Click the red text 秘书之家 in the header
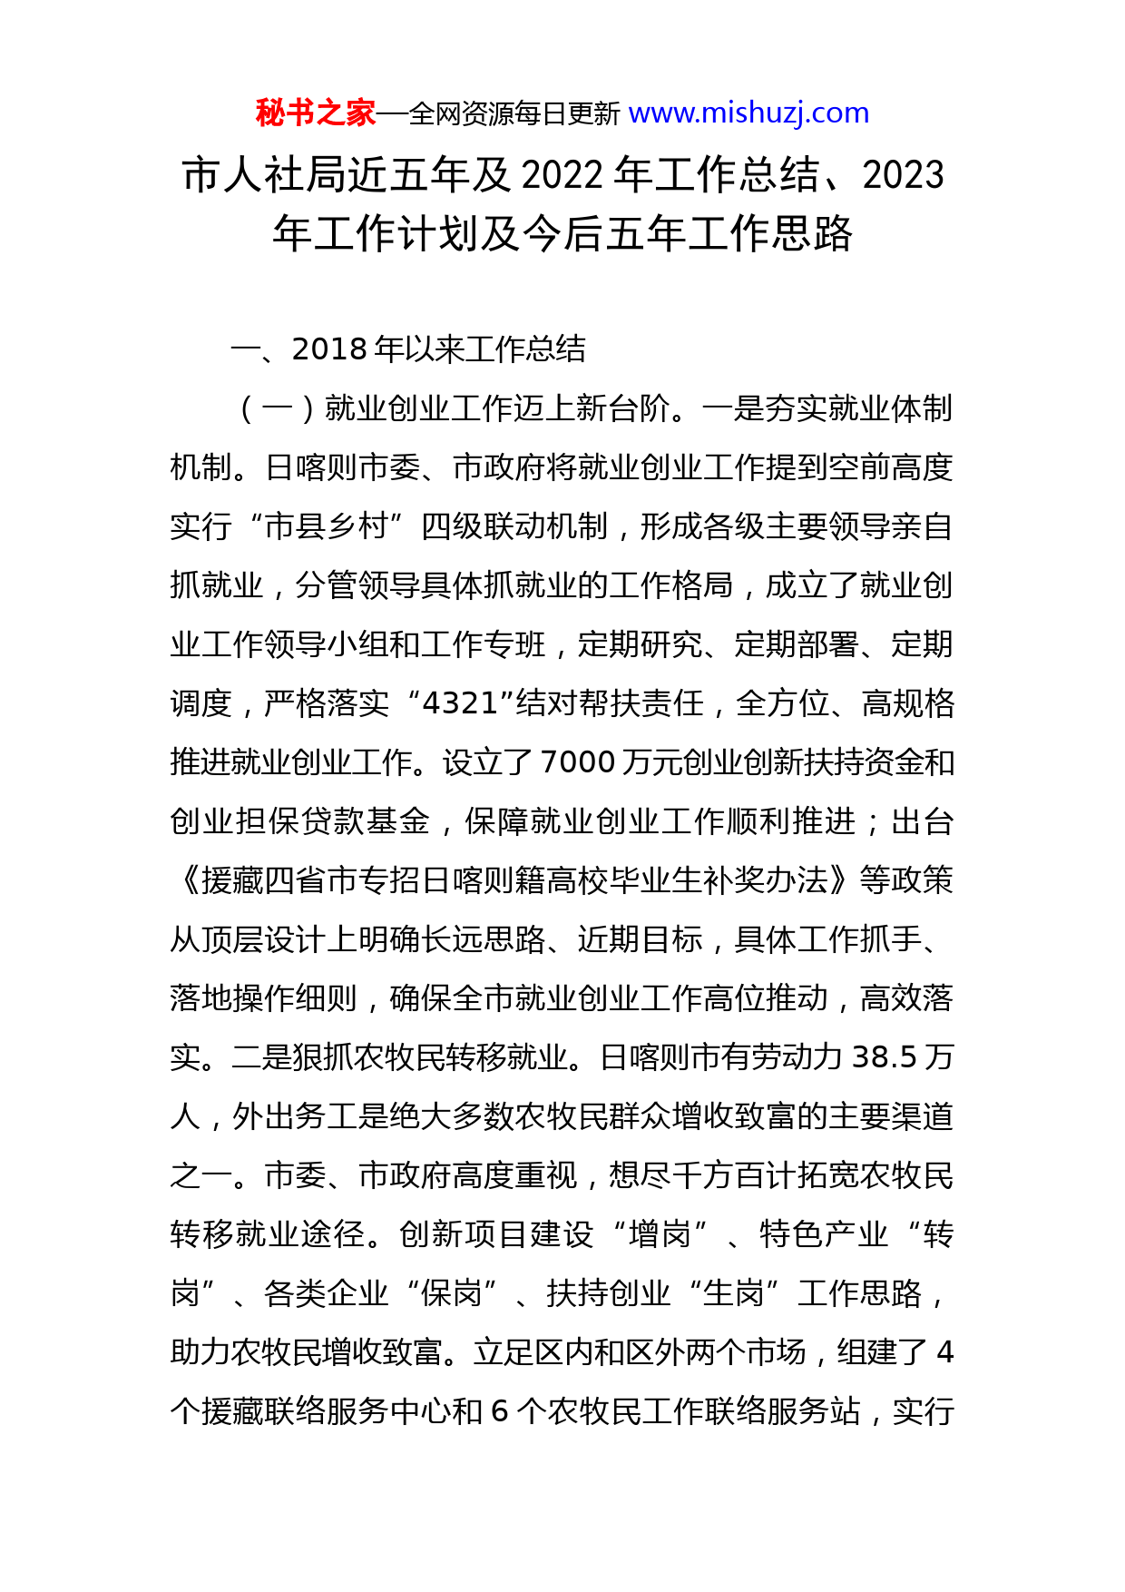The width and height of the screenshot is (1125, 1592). (x=315, y=113)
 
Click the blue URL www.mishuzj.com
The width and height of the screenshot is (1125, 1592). (x=748, y=113)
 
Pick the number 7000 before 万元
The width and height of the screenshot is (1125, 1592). (x=578, y=762)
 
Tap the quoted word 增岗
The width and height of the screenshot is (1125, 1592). (x=660, y=1234)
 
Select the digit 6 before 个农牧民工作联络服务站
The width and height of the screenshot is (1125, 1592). (x=499, y=1411)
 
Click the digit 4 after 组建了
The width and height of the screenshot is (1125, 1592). (x=944, y=1352)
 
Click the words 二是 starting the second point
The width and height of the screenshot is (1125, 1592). (x=263, y=1057)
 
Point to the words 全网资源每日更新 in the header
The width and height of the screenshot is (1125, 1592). (x=514, y=114)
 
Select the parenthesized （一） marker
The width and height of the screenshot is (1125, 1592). (x=277, y=408)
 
